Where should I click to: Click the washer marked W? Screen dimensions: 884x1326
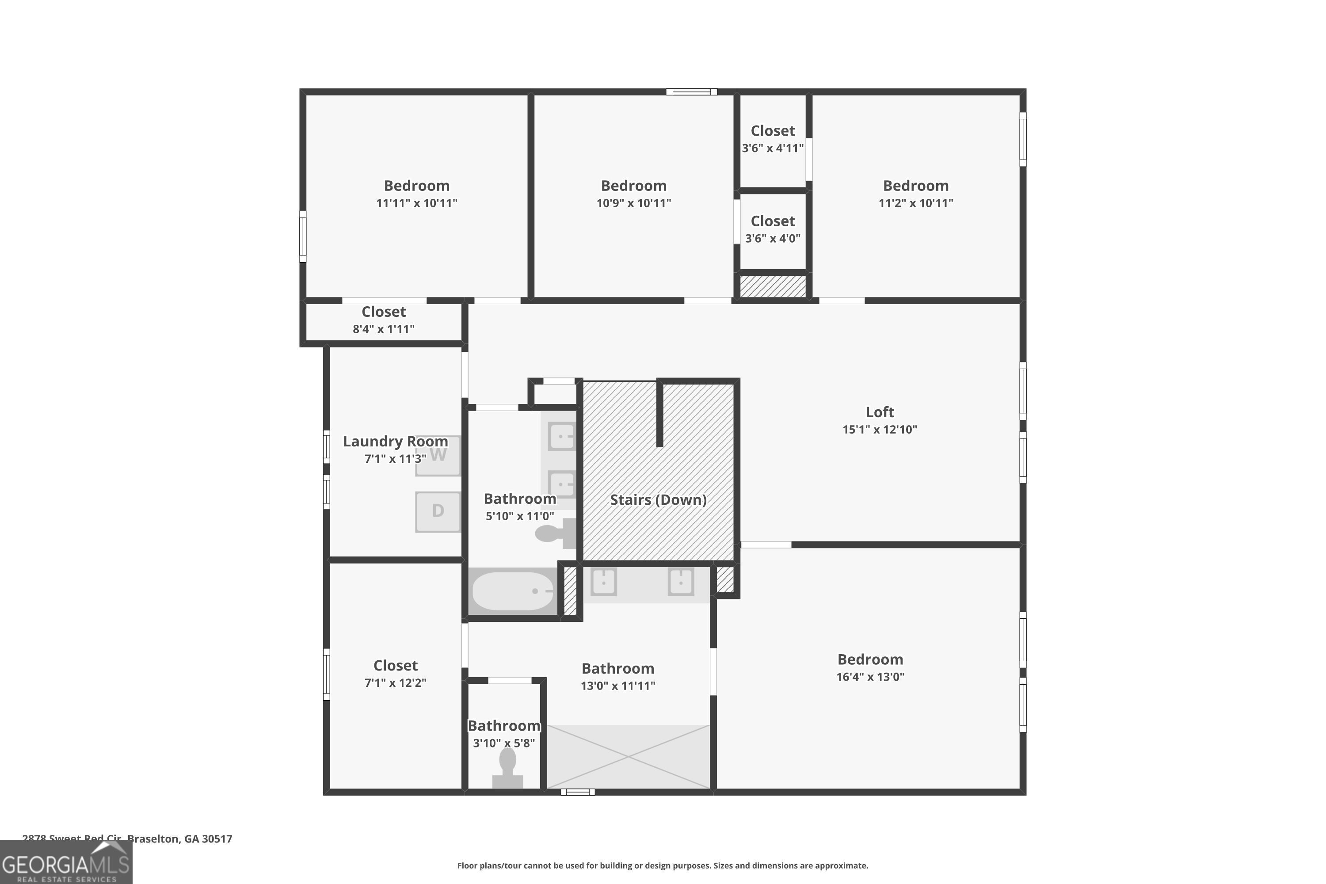coord(438,456)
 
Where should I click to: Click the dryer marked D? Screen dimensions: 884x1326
coord(438,511)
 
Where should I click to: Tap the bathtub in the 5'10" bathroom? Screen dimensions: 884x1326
coord(512,591)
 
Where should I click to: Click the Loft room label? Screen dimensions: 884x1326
coord(880,412)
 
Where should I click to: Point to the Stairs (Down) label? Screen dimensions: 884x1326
coord(658,499)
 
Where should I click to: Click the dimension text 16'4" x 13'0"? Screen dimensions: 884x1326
coord(870,677)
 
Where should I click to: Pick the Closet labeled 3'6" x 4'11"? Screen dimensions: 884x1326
coord(772,131)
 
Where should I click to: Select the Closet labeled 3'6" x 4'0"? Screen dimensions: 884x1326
coord(772,221)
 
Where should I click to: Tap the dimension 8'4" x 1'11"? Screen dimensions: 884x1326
coord(383,329)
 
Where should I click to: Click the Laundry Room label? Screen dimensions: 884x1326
coord(395,442)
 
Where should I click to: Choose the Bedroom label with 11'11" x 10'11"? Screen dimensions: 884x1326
coord(417,186)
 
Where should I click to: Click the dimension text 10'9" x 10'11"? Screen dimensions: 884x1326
coord(634,203)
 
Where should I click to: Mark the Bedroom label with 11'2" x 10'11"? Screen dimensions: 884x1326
coord(915,186)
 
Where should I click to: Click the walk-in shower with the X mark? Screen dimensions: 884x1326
coord(628,757)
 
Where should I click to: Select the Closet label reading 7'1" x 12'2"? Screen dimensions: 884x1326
coord(395,666)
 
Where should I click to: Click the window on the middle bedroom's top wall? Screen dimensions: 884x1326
coord(691,92)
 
